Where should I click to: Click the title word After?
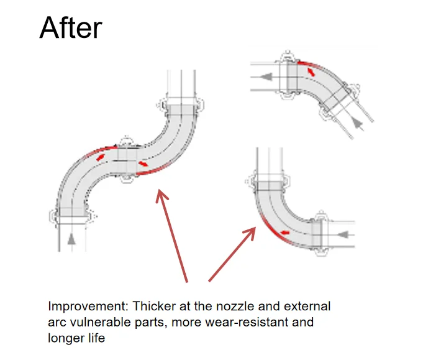tap(70, 28)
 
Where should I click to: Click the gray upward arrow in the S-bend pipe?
tap(72, 238)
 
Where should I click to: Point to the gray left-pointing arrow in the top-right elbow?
tap(268, 77)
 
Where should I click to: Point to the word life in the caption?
tap(94, 338)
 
